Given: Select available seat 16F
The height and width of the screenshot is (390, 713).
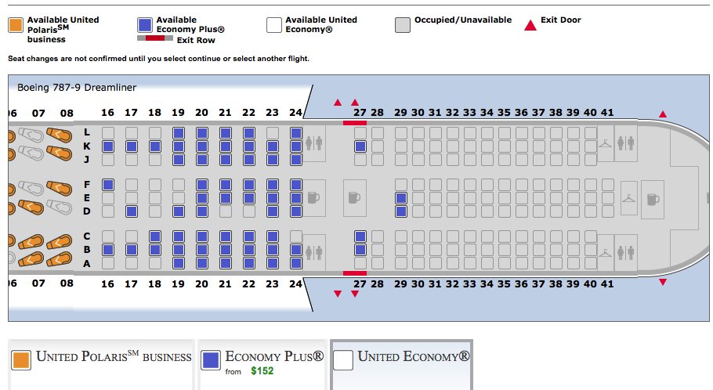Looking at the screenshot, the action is click(108, 185).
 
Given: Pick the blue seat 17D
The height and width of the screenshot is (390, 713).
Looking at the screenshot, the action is click(132, 211).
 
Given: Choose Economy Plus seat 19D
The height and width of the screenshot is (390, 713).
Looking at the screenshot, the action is click(179, 211).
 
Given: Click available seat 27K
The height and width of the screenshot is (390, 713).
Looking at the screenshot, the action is click(360, 146).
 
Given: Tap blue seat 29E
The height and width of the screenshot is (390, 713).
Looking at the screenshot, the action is click(401, 198).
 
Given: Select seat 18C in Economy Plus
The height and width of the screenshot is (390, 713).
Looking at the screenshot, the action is click(155, 237).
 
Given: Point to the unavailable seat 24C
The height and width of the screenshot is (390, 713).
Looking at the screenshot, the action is click(296, 237).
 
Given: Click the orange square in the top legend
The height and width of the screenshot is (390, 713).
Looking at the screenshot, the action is click(16, 25).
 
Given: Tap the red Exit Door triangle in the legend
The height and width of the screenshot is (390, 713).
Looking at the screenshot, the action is click(530, 25).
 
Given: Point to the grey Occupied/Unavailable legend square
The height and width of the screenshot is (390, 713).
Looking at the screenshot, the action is click(403, 25).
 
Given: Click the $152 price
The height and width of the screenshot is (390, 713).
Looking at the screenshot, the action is click(262, 370).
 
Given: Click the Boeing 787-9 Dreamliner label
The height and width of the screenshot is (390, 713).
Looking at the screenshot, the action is click(76, 88).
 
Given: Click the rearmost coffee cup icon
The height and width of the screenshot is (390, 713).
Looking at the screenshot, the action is click(653, 199).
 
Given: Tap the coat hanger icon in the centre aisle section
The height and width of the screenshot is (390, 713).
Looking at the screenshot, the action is click(628, 198).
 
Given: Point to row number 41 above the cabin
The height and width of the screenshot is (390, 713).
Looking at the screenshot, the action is click(607, 113).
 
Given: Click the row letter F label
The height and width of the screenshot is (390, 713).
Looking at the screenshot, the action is click(87, 185).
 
